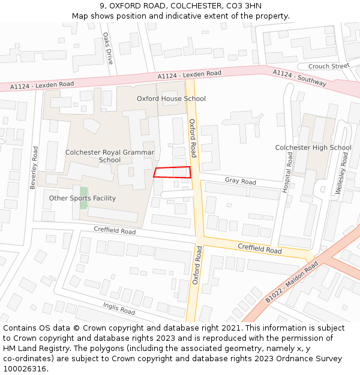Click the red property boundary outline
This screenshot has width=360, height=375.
pyautogui.click(x=172, y=172)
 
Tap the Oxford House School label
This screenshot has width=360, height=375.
pyautogui.click(x=171, y=98)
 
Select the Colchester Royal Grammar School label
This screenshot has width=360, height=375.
pyautogui.click(x=110, y=156)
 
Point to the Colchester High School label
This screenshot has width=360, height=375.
pyautogui.click(x=313, y=148)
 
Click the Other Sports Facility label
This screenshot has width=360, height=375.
pyautogui.click(x=82, y=198)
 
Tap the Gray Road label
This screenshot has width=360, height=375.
pyautogui.click(x=240, y=181)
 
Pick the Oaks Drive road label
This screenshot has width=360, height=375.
pyautogui.click(x=107, y=48)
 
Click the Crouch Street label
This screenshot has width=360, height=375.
pyautogui.click(x=328, y=66)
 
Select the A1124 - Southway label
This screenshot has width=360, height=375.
pyautogui.click(x=299, y=77)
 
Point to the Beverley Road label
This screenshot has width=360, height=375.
pyautogui.click(x=34, y=167)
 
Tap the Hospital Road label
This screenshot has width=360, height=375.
pyautogui.click(x=288, y=172)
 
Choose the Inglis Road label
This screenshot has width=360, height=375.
pyautogui.click(x=119, y=309)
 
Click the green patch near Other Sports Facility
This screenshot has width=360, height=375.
pyautogui.click(x=83, y=198)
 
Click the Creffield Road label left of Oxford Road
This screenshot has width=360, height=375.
pyautogui.click(x=115, y=230)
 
